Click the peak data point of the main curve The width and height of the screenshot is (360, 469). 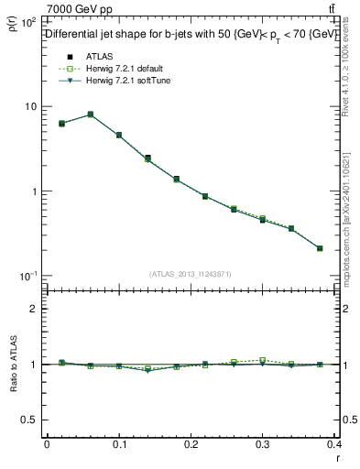click(x=90, y=115)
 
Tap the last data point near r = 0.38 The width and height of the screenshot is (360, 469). click(x=320, y=248)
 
